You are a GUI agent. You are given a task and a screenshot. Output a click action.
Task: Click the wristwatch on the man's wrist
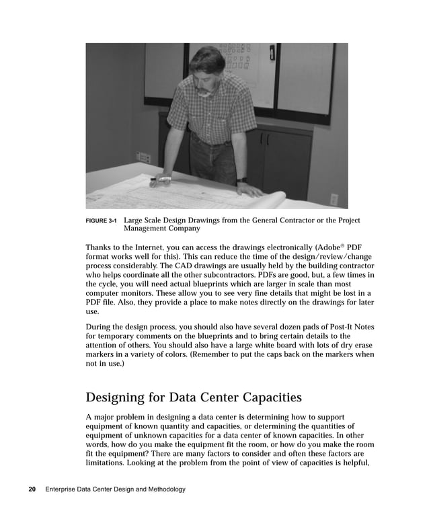[241, 180]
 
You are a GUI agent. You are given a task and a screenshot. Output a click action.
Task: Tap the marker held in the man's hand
[162, 180]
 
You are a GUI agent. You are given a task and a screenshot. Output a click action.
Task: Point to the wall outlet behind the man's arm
[143, 157]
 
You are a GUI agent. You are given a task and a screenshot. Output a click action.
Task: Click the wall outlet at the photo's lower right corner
[334, 200]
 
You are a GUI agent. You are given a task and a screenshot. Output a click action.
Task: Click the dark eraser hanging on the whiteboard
[272, 54]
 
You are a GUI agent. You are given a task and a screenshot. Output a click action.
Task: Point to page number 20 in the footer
[32, 489]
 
